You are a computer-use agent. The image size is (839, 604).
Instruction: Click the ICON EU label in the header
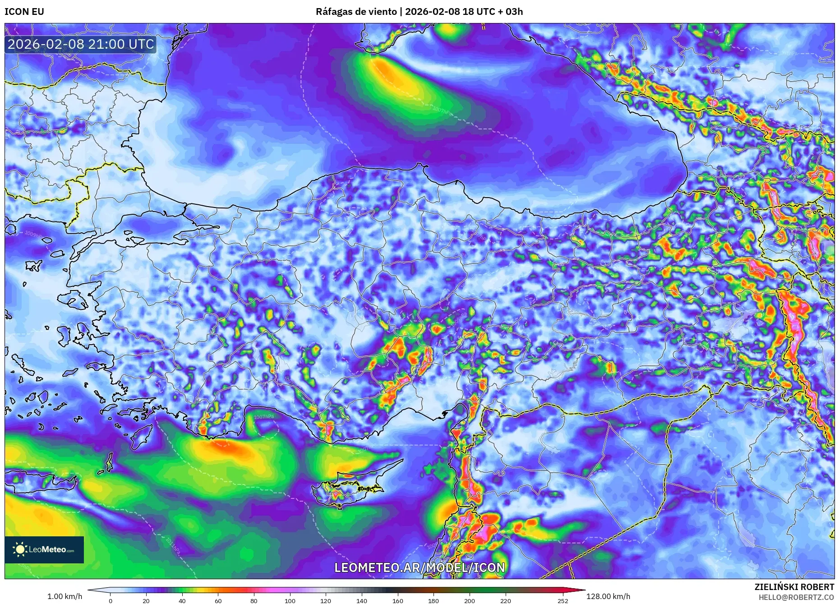(x=24, y=12)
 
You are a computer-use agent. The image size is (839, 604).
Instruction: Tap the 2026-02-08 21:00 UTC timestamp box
(x=81, y=44)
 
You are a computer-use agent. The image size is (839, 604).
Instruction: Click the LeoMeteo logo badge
(x=44, y=549)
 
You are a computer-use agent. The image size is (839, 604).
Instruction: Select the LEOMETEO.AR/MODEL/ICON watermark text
(x=419, y=567)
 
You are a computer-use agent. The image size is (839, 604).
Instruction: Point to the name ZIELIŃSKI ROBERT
(x=794, y=587)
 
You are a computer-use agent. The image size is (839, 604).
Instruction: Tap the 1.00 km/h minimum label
(x=65, y=596)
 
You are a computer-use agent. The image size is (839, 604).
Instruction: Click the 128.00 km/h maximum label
(x=608, y=596)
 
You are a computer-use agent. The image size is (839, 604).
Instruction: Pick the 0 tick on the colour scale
(x=111, y=601)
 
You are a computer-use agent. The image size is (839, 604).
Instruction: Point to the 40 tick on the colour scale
(x=182, y=601)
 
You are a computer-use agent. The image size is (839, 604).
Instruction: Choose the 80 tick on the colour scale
(x=254, y=601)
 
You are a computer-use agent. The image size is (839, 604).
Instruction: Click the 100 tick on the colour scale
(x=290, y=601)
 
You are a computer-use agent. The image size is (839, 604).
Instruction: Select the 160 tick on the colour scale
(x=397, y=601)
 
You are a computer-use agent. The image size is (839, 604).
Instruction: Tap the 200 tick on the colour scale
(x=470, y=601)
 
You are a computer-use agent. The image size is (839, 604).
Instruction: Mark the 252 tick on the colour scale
(x=562, y=601)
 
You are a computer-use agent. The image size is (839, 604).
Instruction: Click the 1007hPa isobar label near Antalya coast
(x=264, y=417)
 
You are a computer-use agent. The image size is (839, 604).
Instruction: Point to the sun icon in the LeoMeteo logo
(x=20, y=549)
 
